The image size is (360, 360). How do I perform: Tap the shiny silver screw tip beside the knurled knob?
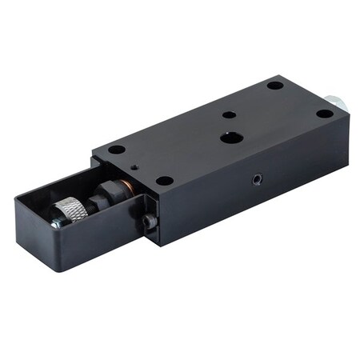[x=54, y=224]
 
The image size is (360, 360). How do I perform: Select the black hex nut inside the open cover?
[x=103, y=196]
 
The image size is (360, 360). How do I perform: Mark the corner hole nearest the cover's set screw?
[x=164, y=181]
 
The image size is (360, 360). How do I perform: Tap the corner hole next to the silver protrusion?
[x=324, y=114]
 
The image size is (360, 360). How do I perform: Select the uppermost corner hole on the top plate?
[x=274, y=85]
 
